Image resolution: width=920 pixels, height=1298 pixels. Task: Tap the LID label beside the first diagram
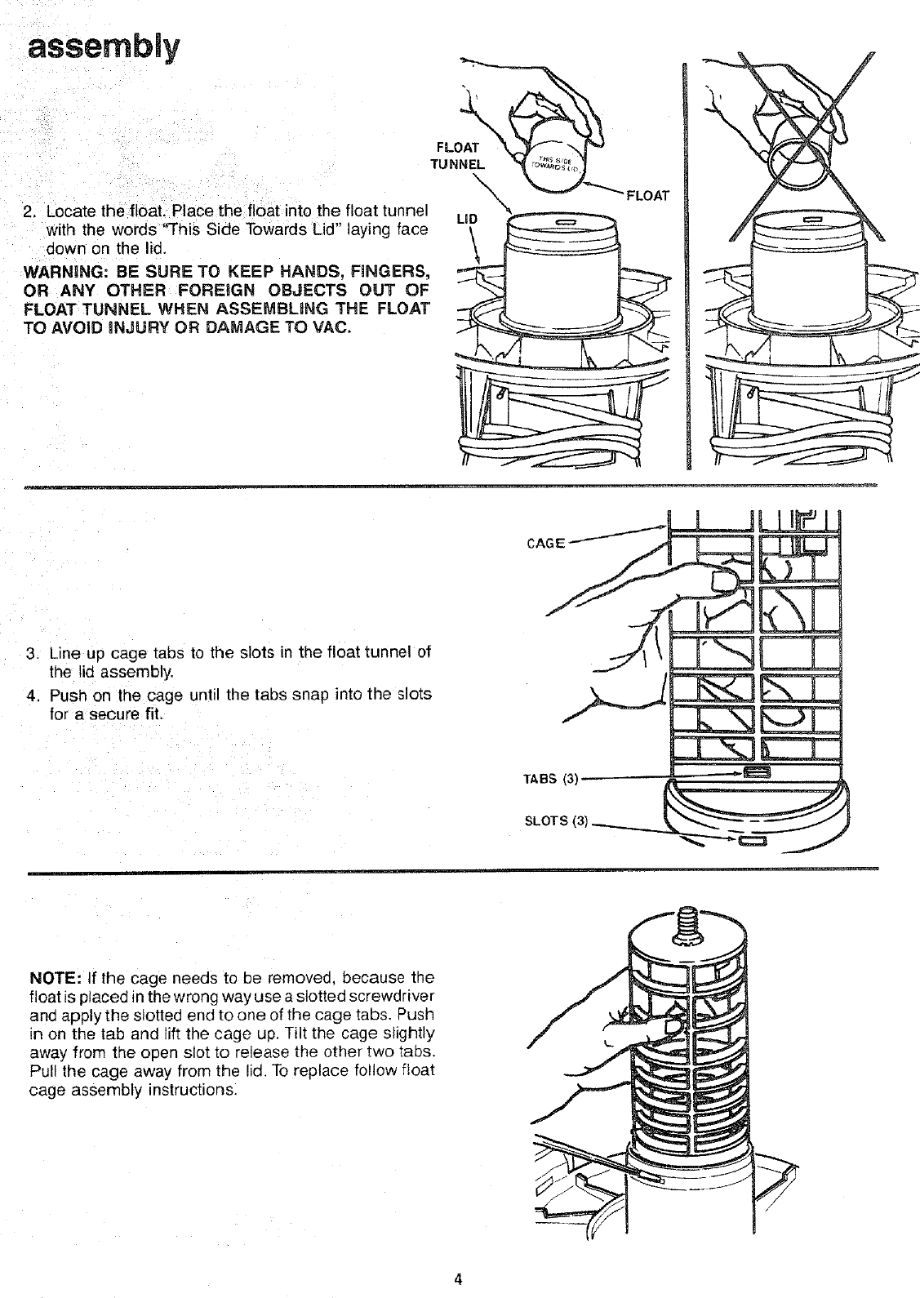[x=466, y=220]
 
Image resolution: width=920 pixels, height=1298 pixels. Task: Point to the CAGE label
[x=546, y=543]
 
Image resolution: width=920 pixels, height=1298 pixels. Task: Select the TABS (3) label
[x=550, y=778]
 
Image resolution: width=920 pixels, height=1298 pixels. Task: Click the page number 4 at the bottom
[x=459, y=1278]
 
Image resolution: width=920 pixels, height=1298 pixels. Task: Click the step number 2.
[x=29, y=215]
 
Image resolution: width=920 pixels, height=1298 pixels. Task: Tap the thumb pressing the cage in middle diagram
[x=721, y=580]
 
